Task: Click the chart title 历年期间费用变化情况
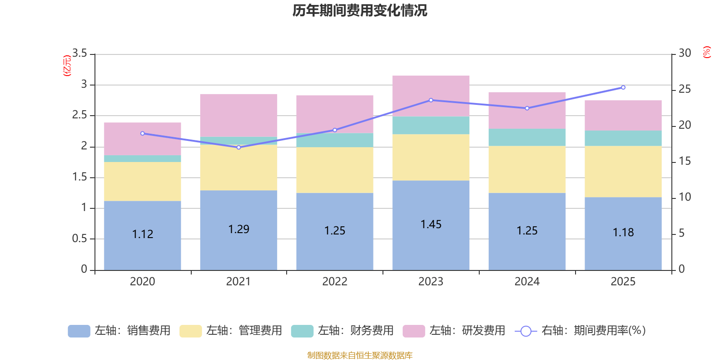pyautogui.click(x=360, y=10)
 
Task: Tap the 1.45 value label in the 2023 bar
pyautogui.click(x=431, y=224)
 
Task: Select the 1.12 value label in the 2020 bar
pyautogui.click(x=143, y=234)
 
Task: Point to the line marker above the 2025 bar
pyautogui.click(x=623, y=87)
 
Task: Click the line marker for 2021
pyautogui.click(x=238, y=147)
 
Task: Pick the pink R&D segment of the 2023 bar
pyautogui.click(x=431, y=96)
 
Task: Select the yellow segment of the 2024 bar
pyautogui.click(x=527, y=169)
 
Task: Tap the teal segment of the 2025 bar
pyautogui.click(x=623, y=138)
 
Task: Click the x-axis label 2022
pyautogui.click(x=335, y=281)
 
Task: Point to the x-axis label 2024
pyautogui.click(x=527, y=281)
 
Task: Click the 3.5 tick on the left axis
pyautogui.click(x=80, y=54)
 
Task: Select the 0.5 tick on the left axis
pyautogui.click(x=80, y=238)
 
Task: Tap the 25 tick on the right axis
pyautogui.click(x=684, y=89)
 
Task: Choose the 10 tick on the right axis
pyautogui.click(x=684, y=197)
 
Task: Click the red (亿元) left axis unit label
pyautogui.click(x=67, y=66)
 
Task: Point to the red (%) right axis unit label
pyautogui.click(x=707, y=52)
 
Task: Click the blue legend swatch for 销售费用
pyautogui.click(x=79, y=331)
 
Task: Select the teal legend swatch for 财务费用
pyautogui.click(x=302, y=331)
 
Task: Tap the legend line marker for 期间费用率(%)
pyautogui.click(x=526, y=331)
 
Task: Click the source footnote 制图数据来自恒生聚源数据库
pyautogui.click(x=360, y=355)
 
